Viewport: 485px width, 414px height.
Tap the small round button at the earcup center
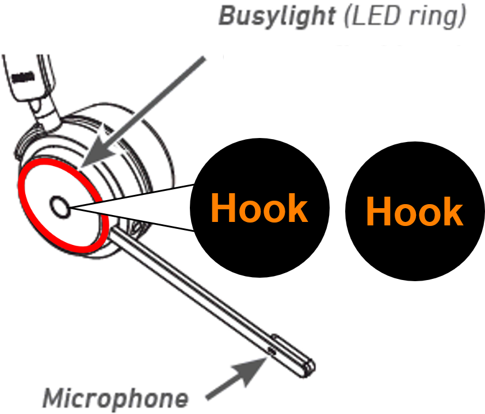click(59, 205)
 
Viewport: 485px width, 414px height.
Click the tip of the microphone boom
click(309, 365)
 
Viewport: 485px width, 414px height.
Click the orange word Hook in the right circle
click(414, 212)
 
